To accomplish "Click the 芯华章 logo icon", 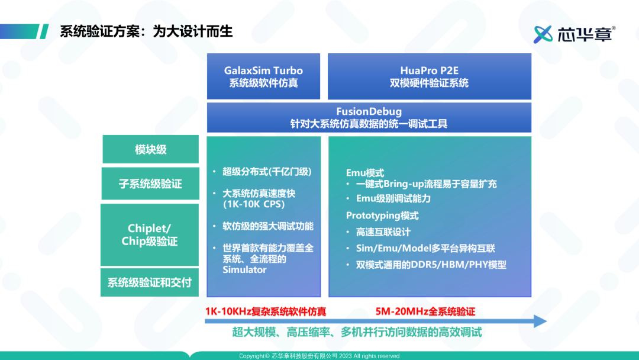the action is point(543,34).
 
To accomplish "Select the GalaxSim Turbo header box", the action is point(264,76).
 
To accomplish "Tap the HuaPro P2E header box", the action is point(430,76).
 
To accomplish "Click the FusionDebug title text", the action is point(369,111).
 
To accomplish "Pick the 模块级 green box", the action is point(151,149).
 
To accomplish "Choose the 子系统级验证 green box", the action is point(150,184).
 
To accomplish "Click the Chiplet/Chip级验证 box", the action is point(150,235).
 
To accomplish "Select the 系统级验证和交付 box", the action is point(150,282).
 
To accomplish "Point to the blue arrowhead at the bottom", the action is point(540,322).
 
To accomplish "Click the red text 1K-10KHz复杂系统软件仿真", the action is point(266,312).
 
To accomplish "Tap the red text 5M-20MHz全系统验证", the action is point(425,312).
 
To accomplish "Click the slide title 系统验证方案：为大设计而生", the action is point(146,31).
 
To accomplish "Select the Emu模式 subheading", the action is point(365,173).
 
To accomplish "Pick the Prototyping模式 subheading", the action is point(382,216).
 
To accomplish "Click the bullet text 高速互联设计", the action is point(383,232).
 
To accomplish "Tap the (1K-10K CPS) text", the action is point(253,204).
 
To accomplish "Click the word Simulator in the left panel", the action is point(244,270).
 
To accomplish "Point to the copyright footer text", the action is point(319,356).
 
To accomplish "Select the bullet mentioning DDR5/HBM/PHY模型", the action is point(431,265).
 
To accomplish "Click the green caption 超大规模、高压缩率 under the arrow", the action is point(281,332).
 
